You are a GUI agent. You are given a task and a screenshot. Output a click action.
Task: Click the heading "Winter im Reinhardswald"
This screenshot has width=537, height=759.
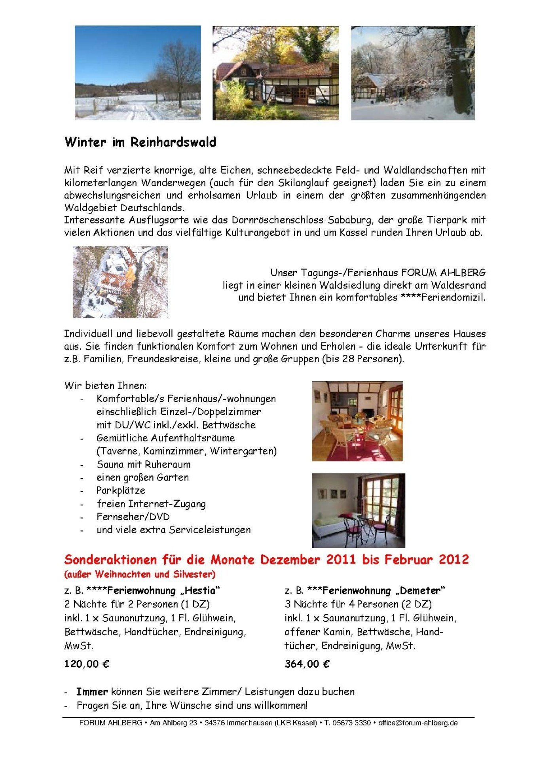140,142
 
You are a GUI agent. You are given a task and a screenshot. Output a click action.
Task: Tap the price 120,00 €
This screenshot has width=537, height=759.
87,664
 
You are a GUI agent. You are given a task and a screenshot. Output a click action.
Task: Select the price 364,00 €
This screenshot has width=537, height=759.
307,664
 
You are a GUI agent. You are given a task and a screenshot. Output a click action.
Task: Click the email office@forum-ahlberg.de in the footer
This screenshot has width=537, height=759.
418,723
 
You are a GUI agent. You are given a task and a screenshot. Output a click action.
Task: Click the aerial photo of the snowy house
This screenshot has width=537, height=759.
120,282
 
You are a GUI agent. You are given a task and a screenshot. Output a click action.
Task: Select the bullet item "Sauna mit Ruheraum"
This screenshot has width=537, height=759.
144,464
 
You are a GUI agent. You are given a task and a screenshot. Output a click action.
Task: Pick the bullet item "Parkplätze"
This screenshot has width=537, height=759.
121,490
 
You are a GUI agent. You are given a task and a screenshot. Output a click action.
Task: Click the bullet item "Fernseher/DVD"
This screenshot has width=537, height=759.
133,517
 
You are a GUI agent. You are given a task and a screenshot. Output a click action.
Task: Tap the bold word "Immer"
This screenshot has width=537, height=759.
92,692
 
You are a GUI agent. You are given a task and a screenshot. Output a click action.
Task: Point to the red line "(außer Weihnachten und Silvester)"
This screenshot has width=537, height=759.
140,574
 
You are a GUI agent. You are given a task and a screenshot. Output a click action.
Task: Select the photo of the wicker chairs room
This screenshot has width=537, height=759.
357,421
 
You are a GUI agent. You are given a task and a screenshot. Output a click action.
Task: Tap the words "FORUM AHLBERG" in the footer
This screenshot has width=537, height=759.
111,723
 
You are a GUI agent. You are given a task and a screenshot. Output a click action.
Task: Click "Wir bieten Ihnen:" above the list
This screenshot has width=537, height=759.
105,385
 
